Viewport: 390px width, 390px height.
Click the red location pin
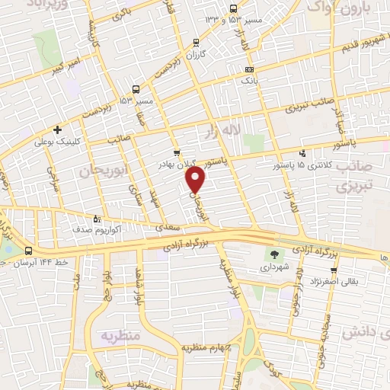click(197, 181)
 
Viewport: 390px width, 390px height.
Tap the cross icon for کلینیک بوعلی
click(59, 129)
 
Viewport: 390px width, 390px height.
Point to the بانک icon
click(248, 69)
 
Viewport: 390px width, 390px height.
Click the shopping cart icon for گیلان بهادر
click(177, 152)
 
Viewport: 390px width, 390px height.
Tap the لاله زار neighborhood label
click(222, 134)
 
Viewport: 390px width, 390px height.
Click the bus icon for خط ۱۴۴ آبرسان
click(28, 251)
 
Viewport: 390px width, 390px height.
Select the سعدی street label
click(168, 225)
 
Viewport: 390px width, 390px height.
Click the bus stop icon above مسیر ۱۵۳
click(136, 88)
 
